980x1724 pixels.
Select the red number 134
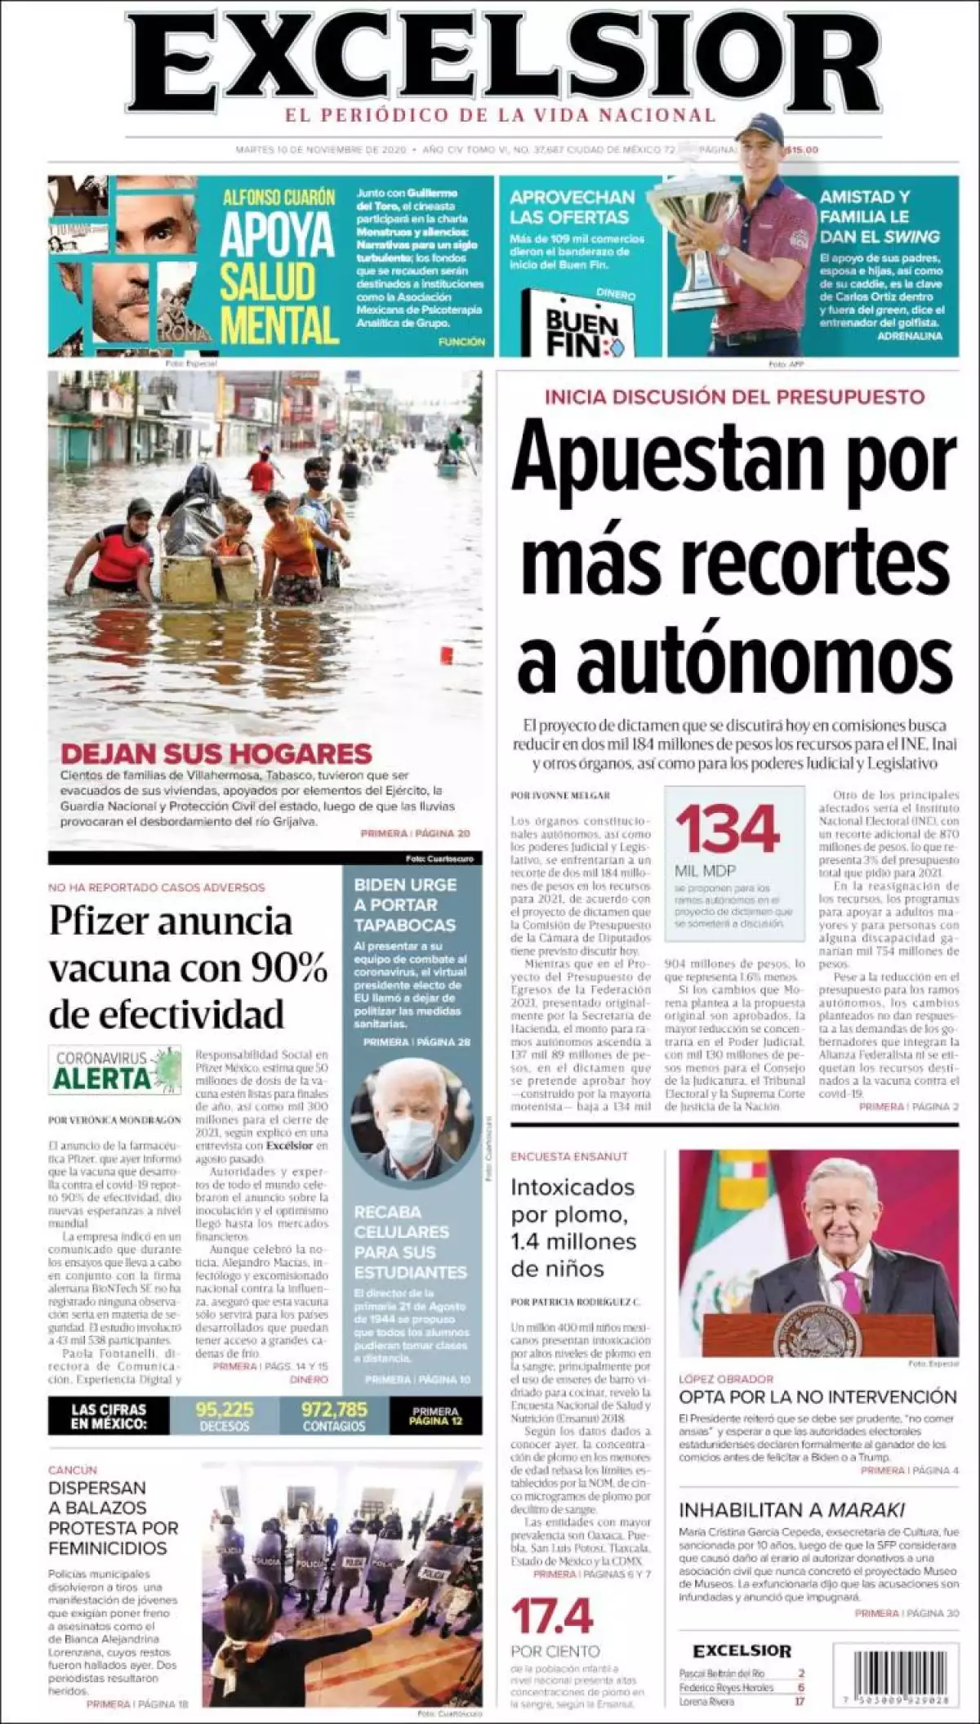tap(728, 829)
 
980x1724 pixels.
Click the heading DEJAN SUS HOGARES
tap(216, 753)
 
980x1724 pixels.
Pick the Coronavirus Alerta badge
tap(115, 1069)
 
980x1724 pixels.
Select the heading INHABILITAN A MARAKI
tap(791, 1509)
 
